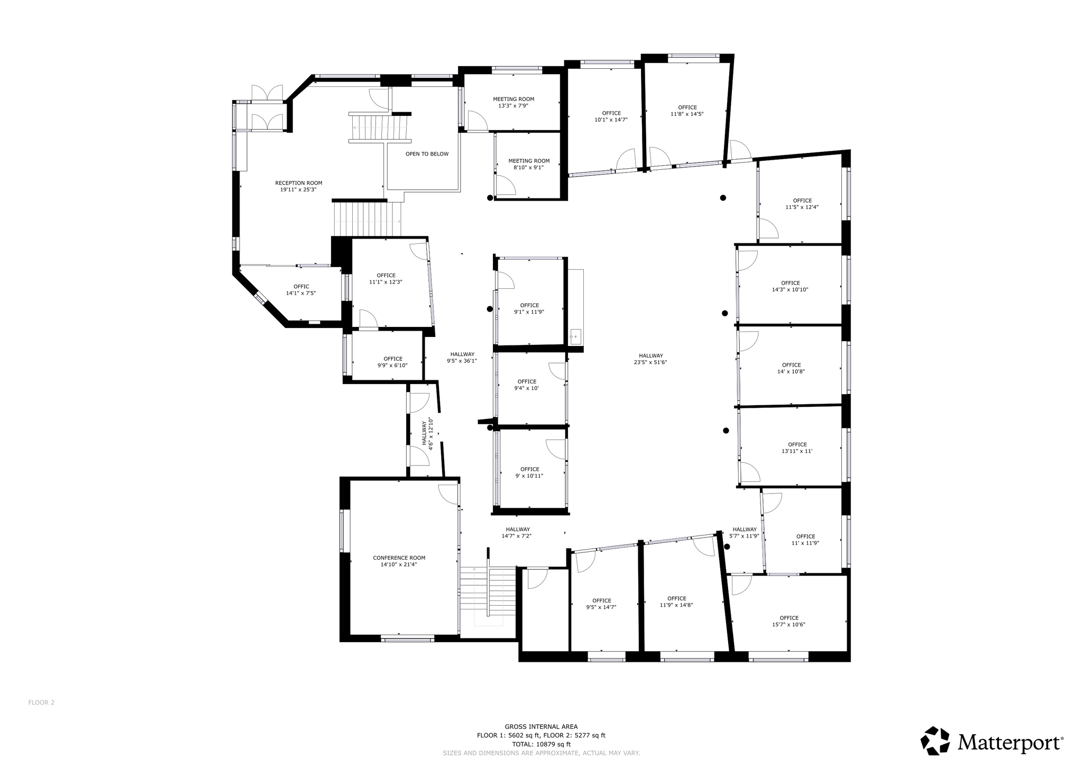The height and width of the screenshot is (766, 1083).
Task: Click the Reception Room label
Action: click(298, 183)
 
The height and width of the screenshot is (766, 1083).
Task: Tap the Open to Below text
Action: click(427, 154)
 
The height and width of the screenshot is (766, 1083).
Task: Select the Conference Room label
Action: click(399, 558)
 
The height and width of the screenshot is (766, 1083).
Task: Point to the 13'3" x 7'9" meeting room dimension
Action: click(513, 106)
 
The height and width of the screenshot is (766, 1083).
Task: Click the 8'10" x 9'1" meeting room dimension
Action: click(529, 168)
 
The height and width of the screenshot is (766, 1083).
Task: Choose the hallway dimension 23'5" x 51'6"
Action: click(650, 362)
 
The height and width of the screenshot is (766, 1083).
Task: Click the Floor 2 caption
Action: click(41, 703)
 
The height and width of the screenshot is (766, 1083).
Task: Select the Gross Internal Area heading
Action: click(541, 727)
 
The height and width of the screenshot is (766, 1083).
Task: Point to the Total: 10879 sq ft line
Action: click(541, 744)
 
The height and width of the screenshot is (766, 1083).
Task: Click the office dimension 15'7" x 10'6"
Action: click(788, 624)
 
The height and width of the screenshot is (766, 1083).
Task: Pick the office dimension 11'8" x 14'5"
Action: click(687, 114)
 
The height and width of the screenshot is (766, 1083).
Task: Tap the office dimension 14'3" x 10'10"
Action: click(791, 289)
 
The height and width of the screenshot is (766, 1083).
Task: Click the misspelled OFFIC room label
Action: click(301, 287)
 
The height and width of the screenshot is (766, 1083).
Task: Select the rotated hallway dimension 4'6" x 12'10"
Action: click(430, 434)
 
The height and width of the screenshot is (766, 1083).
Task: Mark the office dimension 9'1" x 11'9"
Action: click(529, 312)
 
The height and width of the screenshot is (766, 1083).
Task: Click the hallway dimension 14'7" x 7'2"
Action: click(517, 536)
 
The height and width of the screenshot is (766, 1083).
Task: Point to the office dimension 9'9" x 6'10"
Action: click(392, 365)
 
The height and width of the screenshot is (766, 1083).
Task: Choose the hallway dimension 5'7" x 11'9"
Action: click(745, 536)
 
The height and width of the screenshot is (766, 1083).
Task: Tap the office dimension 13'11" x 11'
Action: click(797, 451)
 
